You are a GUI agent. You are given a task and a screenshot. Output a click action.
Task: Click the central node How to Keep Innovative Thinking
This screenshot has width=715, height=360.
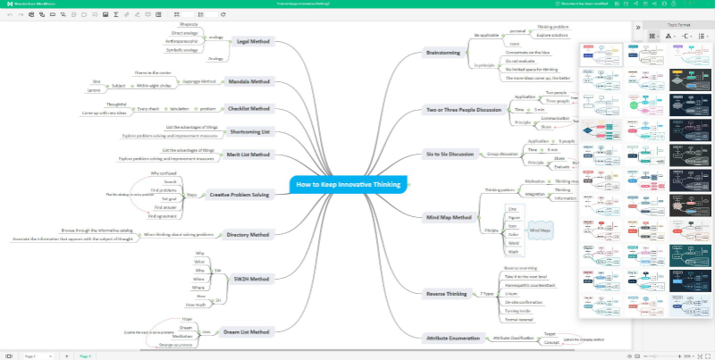coord(349,184)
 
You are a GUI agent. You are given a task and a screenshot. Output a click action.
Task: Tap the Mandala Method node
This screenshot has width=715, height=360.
coord(248,81)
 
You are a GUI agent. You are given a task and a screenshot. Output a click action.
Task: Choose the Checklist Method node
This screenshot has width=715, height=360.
coord(248,108)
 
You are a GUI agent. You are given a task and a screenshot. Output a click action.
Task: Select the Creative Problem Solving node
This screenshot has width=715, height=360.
coord(240,194)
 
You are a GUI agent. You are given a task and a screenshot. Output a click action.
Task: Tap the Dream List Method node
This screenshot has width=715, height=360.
coord(247,331)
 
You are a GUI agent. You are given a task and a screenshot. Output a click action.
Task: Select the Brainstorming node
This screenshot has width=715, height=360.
coord(443,53)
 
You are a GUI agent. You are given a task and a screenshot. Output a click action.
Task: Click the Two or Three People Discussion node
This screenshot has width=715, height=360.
coord(464,110)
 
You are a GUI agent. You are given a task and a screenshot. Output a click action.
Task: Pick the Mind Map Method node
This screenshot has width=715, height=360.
coord(449,217)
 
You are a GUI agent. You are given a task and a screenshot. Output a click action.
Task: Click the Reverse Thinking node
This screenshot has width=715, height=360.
coord(446,293)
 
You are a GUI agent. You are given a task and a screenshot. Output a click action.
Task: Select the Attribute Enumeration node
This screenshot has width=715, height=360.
coord(453,338)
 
